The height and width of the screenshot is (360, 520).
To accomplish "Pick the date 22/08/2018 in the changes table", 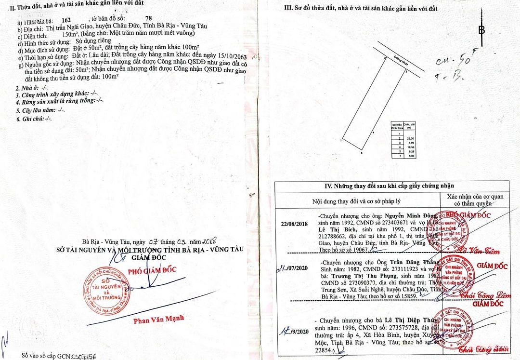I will pyautogui.click(x=294, y=223).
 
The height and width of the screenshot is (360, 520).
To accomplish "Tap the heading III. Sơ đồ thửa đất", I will pyautogui.click(x=362, y=8).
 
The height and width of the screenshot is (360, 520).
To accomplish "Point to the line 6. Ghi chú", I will pyautogui.click(x=33, y=119).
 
